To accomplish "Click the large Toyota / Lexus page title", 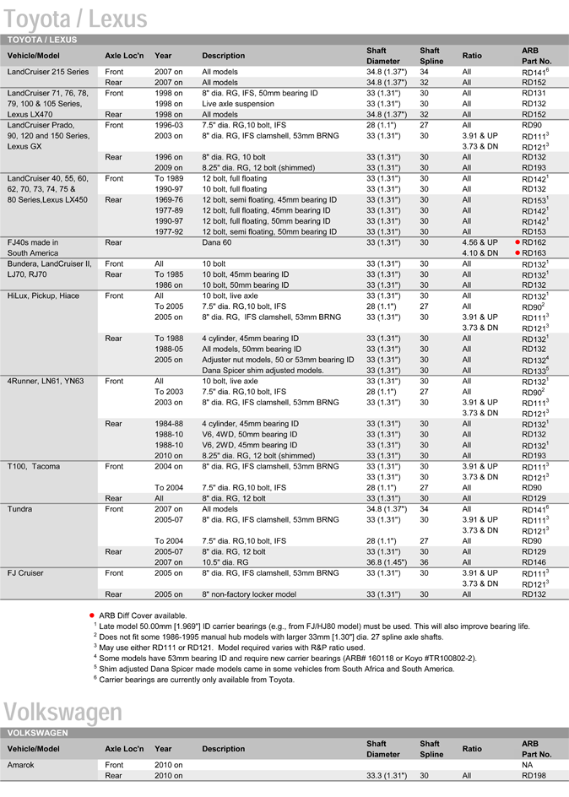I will [x=75, y=18].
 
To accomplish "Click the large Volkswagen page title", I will [x=63, y=713].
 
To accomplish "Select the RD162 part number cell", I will [x=534, y=242].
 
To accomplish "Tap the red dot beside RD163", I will [x=517, y=253].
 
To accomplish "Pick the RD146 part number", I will [x=534, y=561].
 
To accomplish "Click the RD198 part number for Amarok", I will [x=534, y=774].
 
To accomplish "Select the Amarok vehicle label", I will [x=21, y=763].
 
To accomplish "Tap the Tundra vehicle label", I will [x=20, y=509].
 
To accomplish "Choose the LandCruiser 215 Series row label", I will [x=47, y=72].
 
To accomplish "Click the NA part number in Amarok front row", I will [x=528, y=763].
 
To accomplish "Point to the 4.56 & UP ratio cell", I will [x=480, y=242].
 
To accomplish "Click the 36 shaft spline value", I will [x=425, y=561].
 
